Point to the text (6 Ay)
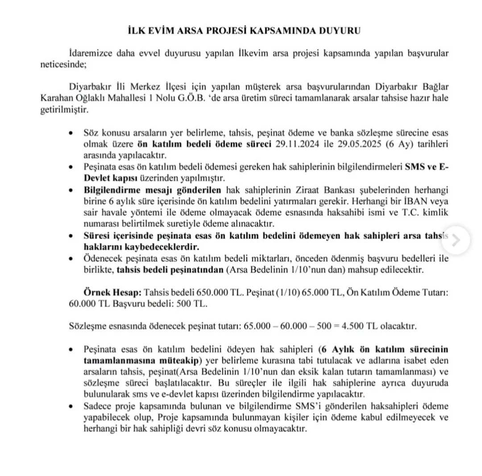tap(386, 144)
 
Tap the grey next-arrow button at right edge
tap(456, 240)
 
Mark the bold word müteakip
tap(175, 360)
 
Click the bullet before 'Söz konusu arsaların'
tap(71, 134)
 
